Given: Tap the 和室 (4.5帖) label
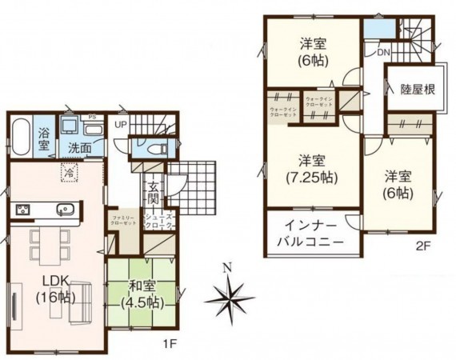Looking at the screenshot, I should click(142, 295).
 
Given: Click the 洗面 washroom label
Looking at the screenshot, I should click(78, 148).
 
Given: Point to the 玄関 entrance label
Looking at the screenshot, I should click(152, 193).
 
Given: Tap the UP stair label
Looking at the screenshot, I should click(121, 126).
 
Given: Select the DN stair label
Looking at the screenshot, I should click(383, 53).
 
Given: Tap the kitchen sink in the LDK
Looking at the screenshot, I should click(65, 210).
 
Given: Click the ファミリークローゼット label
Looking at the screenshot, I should click(122, 220).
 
